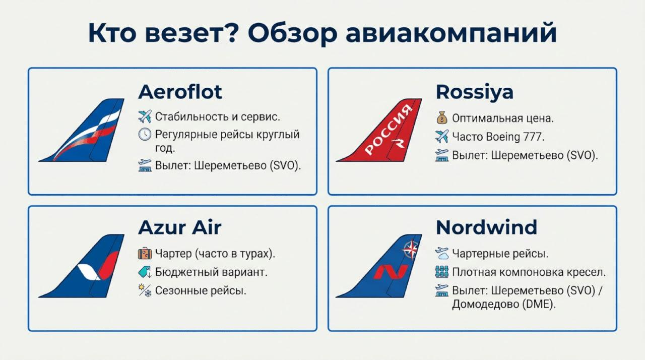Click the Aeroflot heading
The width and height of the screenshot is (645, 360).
(180, 92)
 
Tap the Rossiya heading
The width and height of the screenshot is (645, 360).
(474, 92)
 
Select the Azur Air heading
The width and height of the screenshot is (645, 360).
(179, 227)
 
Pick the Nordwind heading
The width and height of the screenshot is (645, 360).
(486, 227)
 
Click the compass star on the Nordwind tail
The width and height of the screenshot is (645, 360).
(412, 248)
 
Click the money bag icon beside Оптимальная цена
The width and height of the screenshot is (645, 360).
(441, 119)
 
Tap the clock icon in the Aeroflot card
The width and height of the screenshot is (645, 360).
(145, 135)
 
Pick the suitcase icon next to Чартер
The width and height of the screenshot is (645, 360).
(145, 253)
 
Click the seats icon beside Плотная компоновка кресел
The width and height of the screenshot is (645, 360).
(441, 272)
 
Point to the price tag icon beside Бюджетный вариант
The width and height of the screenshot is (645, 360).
(145, 272)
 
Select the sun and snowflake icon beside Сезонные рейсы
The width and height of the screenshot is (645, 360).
(145, 291)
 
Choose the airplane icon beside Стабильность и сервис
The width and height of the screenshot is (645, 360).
(145, 117)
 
